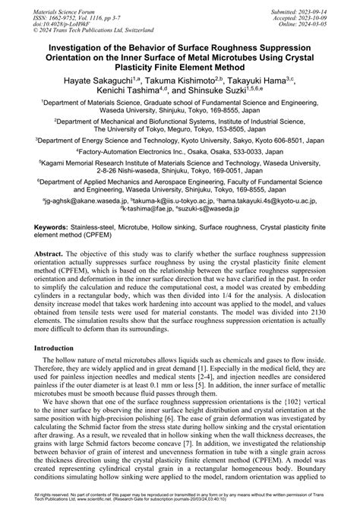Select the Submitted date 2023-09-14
332,5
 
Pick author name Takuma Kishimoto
172,80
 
